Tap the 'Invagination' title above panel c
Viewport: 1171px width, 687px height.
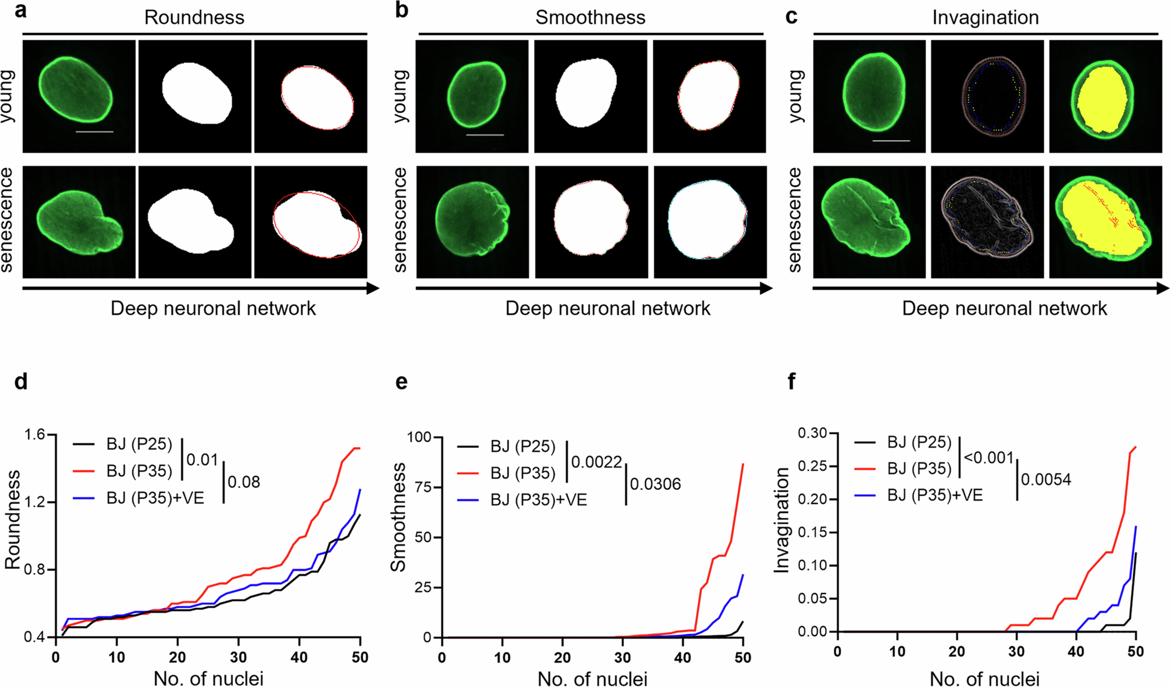point(985,18)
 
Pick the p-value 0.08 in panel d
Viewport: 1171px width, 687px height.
point(243,482)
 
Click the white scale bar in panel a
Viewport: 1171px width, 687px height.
point(94,132)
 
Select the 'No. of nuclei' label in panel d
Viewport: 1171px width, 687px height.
point(208,678)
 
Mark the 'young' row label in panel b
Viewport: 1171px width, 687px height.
point(401,96)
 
